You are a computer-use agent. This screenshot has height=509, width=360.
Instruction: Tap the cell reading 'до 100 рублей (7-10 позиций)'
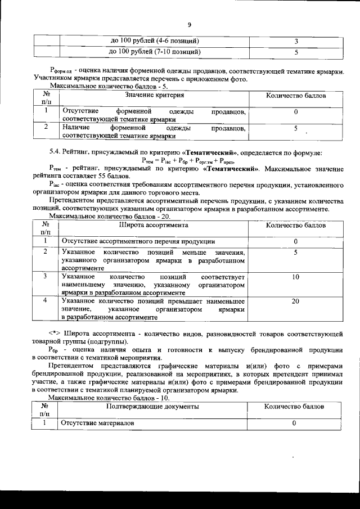155,52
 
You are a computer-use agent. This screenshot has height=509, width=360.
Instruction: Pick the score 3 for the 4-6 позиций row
295,42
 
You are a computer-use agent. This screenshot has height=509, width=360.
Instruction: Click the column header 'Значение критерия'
152,96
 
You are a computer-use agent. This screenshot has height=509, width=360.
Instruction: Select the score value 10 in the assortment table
295,278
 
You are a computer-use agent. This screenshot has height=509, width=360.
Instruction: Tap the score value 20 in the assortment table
295,301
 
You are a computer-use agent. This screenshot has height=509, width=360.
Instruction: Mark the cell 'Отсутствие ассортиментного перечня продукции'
138,241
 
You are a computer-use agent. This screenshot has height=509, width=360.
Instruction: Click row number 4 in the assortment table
45,301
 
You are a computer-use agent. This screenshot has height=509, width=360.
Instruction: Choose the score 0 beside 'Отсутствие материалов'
294,423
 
